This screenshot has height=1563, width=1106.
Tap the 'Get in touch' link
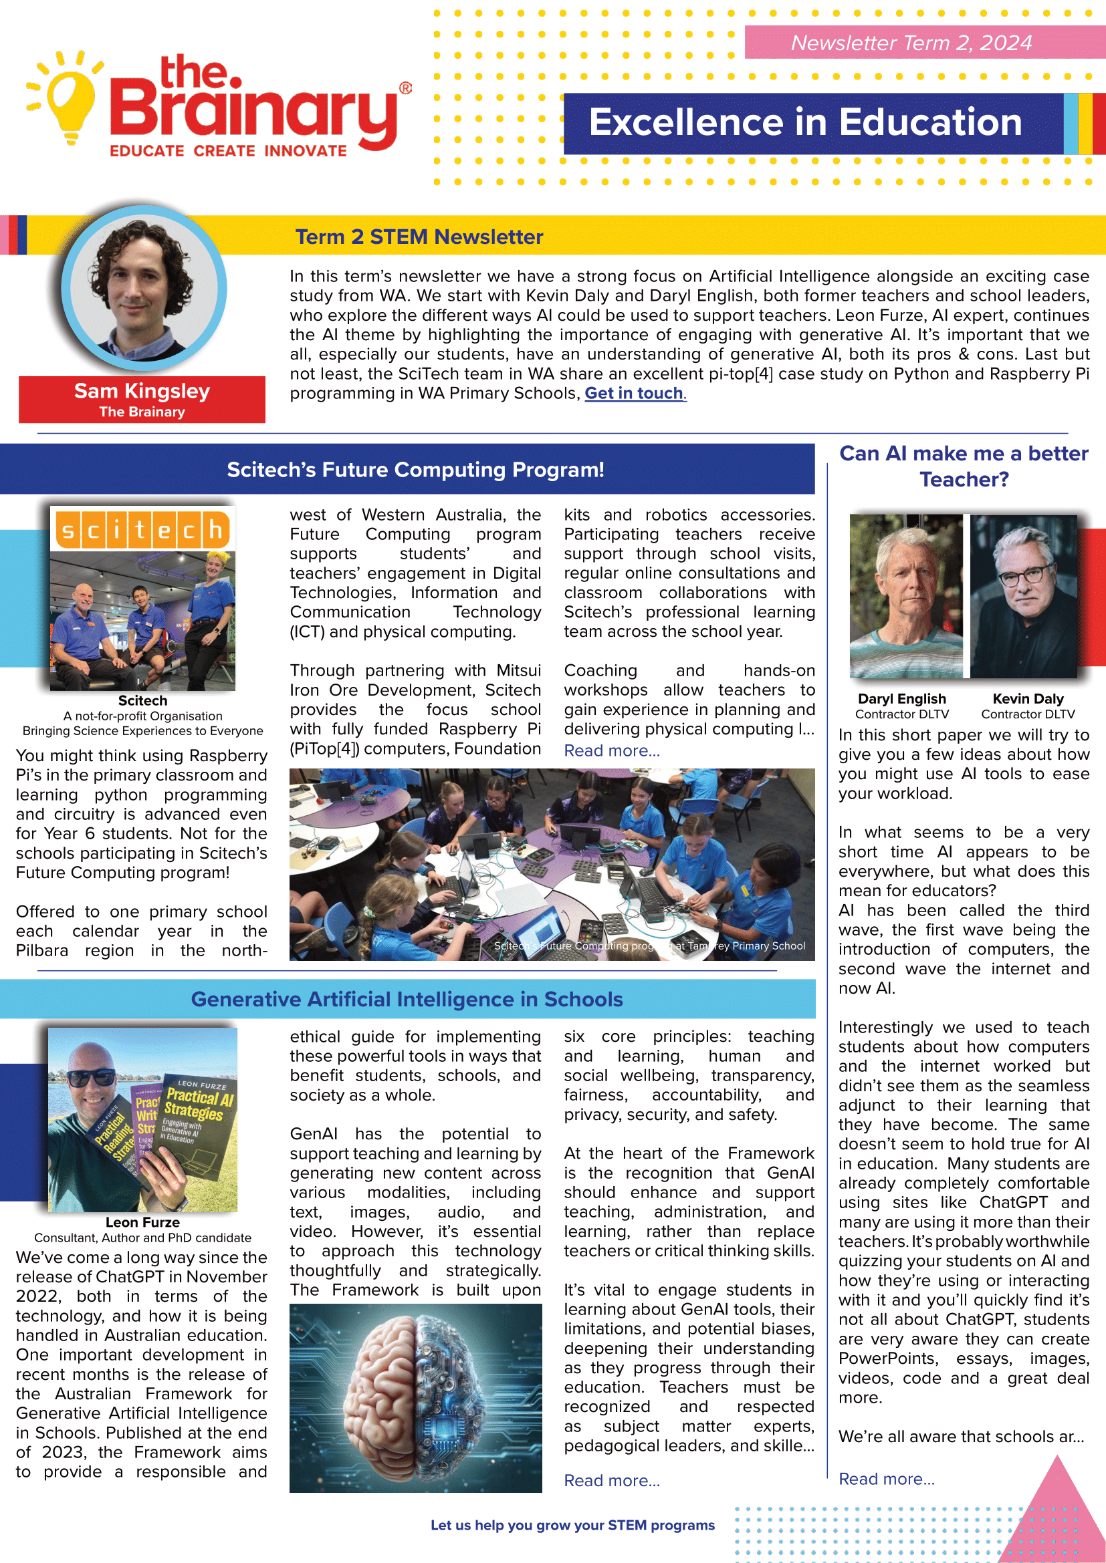[x=634, y=394]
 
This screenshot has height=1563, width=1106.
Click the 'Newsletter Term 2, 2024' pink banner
[x=911, y=43]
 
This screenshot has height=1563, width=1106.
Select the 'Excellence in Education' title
[x=805, y=122]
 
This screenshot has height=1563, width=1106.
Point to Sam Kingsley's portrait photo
[x=143, y=289]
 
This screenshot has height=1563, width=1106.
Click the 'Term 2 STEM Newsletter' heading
[x=419, y=237]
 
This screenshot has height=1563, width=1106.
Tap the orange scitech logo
[x=142, y=530]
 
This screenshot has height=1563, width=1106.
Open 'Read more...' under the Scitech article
[x=612, y=751]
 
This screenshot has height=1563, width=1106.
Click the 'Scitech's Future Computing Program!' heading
[x=415, y=470]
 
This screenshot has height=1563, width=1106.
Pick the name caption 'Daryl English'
[x=901, y=699]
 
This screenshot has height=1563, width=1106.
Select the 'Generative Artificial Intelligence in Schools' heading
[x=407, y=999]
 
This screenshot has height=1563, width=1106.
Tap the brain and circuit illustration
[x=415, y=1398]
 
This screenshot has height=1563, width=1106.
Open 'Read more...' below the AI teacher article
[x=886, y=1479]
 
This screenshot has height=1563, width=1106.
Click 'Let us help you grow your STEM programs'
[x=572, y=1526]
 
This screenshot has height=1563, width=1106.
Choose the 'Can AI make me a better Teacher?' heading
[x=963, y=466]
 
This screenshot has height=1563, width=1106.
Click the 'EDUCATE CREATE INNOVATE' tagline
[x=228, y=151]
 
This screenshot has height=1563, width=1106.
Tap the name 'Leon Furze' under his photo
[x=142, y=1223]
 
